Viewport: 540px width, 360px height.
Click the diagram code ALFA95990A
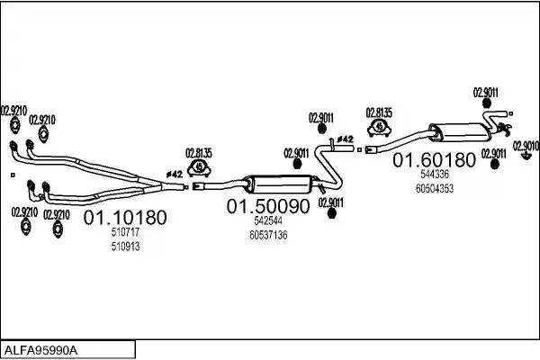(40, 351)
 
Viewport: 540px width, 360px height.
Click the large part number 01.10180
(125, 218)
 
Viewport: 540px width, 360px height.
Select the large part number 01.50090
(268, 206)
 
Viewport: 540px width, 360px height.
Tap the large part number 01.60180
(434, 160)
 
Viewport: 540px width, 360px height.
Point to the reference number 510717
(125, 232)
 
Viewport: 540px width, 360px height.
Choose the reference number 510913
(125, 247)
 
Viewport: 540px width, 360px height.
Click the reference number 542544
(268, 220)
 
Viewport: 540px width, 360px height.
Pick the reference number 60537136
(268, 235)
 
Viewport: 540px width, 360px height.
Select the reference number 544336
(435, 175)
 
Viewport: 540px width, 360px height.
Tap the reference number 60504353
(435, 189)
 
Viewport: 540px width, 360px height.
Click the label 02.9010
(526, 146)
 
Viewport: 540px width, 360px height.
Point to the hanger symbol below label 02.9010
(526, 157)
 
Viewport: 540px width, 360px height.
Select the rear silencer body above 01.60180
(460, 132)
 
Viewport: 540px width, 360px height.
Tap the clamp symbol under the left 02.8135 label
(199, 167)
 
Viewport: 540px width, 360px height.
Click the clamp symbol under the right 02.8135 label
(379, 127)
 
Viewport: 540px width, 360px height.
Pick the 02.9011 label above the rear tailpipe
(486, 93)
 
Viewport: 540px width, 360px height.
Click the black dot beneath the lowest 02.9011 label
(331, 214)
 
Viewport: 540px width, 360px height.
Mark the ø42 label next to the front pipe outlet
(174, 175)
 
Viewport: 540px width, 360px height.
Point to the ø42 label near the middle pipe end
(345, 139)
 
